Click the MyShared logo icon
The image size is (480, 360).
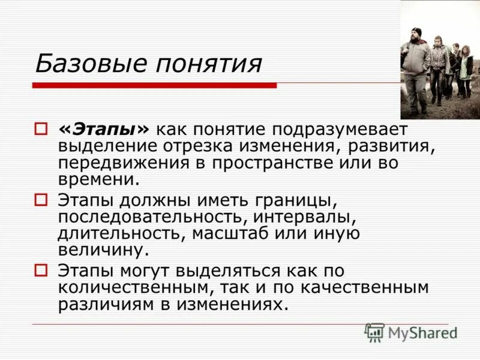click(374, 332)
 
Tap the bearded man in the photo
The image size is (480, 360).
click(415, 63)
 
